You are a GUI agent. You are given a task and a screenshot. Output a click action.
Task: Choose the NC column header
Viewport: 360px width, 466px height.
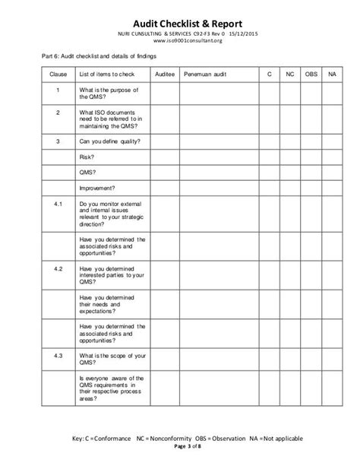click(x=289, y=74)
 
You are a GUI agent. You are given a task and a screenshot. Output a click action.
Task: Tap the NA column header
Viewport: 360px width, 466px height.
click(x=331, y=74)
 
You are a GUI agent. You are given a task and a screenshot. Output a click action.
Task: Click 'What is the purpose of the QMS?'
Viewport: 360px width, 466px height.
click(x=109, y=95)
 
